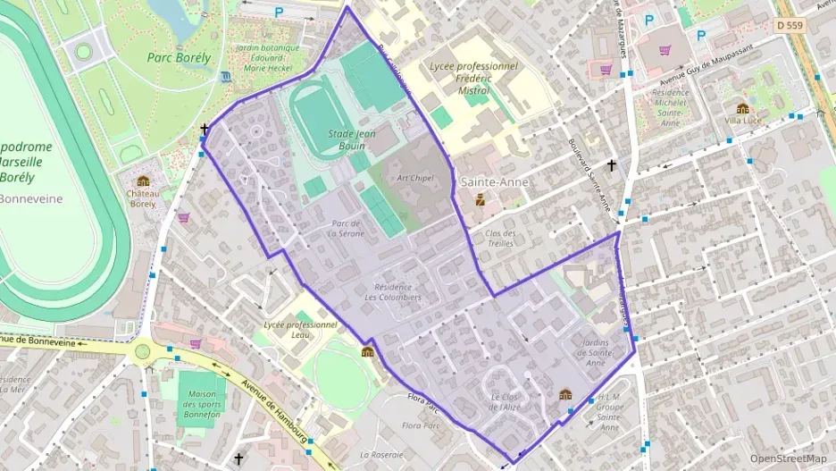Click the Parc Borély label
[179, 57]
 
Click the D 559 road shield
[790, 26]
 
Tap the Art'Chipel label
[415, 177]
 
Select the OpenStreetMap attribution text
[788, 458]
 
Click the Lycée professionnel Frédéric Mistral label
[473, 78]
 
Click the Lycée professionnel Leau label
[300, 330]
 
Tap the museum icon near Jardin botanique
[228, 76]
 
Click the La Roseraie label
[382, 454]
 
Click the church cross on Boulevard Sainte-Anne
[612, 165]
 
